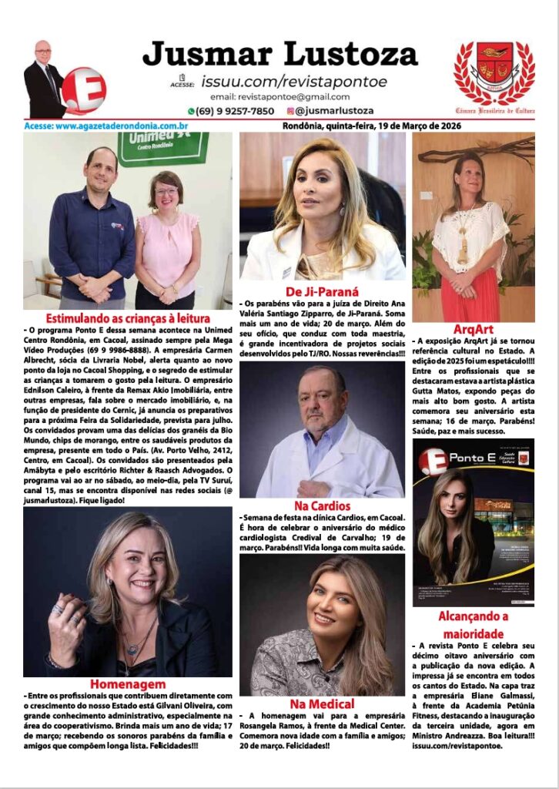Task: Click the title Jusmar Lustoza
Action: click(280, 54)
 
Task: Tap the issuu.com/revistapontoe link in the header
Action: click(294, 82)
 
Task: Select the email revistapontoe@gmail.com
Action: click(279, 97)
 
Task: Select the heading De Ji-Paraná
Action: click(322, 291)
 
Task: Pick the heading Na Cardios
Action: click(322, 506)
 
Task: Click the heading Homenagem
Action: click(127, 684)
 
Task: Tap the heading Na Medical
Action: click(322, 703)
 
